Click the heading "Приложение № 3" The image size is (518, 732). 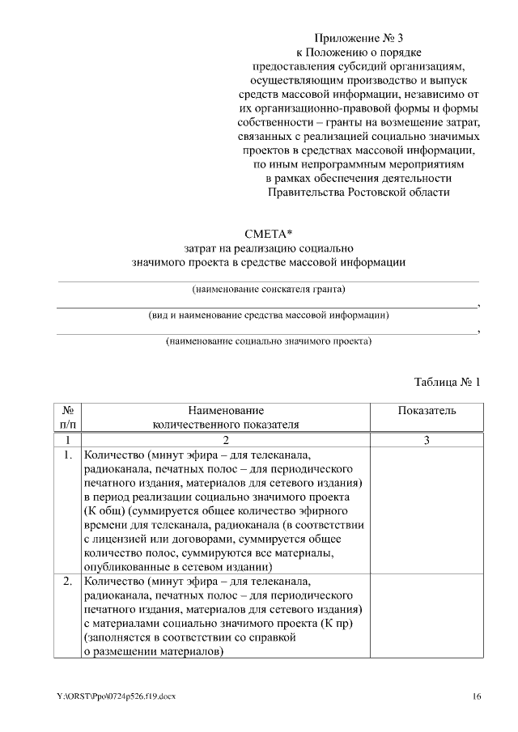[x=357, y=37]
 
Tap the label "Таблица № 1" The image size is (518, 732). [x=447, y=381]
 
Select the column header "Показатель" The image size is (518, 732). [x=427, y=411]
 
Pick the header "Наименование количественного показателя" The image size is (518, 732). [x=226, y=417]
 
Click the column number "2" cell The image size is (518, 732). [x=226, y=440]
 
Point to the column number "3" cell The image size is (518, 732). [x=427, y=440]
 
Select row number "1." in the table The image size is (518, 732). [x=68, y=455]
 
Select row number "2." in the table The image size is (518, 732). [x=68, y=582]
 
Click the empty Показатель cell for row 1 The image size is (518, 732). [x=427, y=510]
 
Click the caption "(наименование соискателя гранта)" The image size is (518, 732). [x=268, y=289]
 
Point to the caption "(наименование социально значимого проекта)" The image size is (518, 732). [x=268, y=341]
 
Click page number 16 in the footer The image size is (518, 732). [x=477, y=696]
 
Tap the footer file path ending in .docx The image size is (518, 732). [x=117, y=696]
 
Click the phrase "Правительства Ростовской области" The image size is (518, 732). [x=357, y=192]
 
